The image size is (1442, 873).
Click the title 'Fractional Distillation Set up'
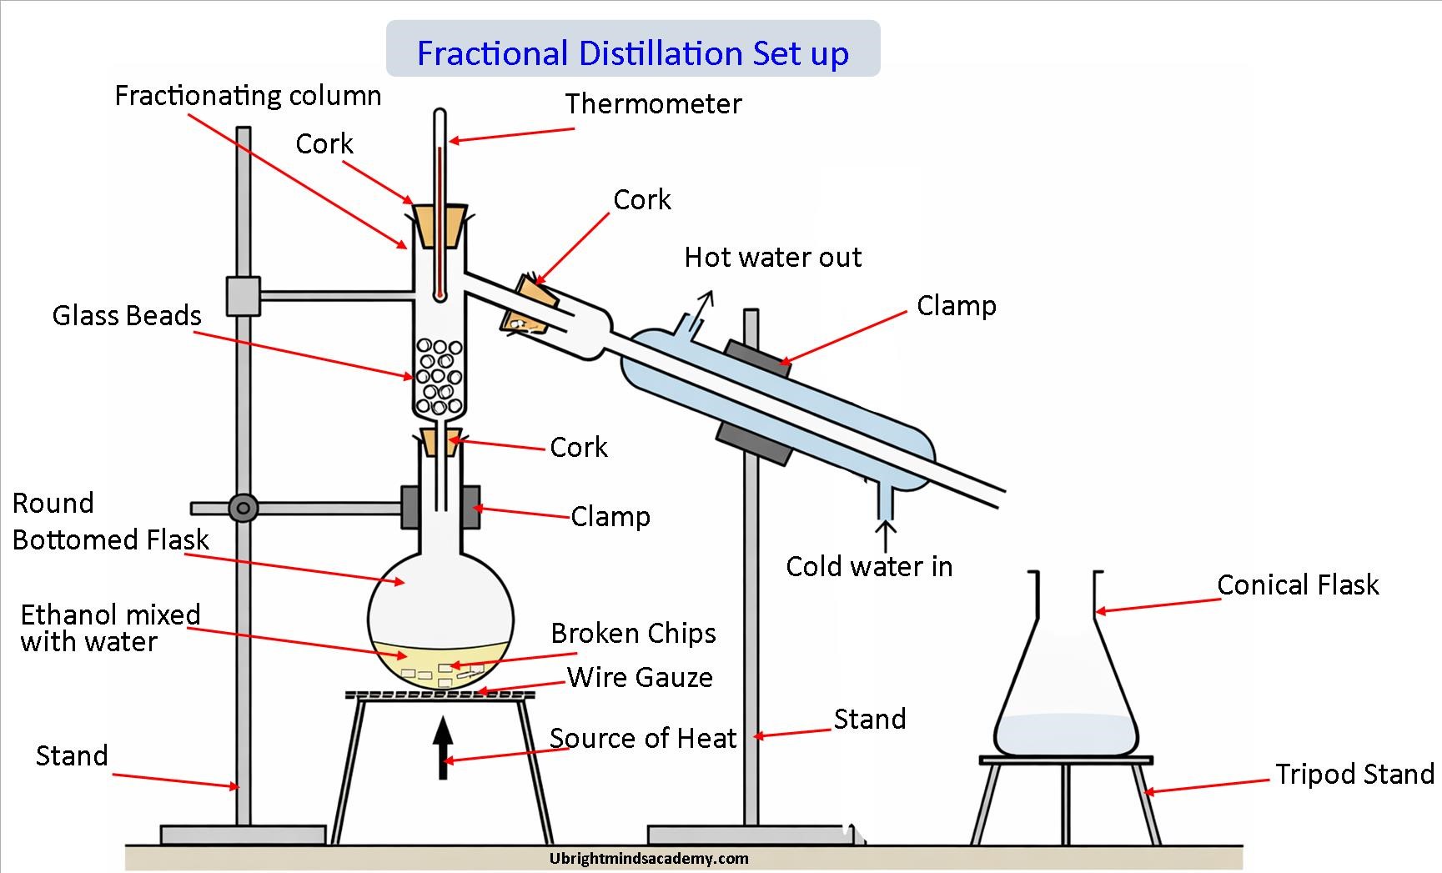pos(632,53)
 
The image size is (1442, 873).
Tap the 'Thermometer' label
pos(653,104)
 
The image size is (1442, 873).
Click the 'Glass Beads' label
pos(127,316)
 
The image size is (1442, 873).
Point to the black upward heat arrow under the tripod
pos(443,747)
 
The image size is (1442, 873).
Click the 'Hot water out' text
pos(772,258)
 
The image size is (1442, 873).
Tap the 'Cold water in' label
pos(869,567)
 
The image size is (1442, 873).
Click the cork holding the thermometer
pos(437,225)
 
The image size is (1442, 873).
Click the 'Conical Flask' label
pos(1298,585)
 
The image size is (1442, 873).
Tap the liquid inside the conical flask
pos(1066,734)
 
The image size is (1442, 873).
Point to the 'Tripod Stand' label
pos(1354,775)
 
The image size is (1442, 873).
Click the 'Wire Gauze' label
pos(640,677)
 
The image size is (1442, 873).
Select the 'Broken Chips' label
pos(633,634)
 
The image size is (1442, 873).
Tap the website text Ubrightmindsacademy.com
pos(649,858)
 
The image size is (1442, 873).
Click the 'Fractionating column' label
pos(248,96)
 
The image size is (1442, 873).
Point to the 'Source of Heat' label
pos(642,739)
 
